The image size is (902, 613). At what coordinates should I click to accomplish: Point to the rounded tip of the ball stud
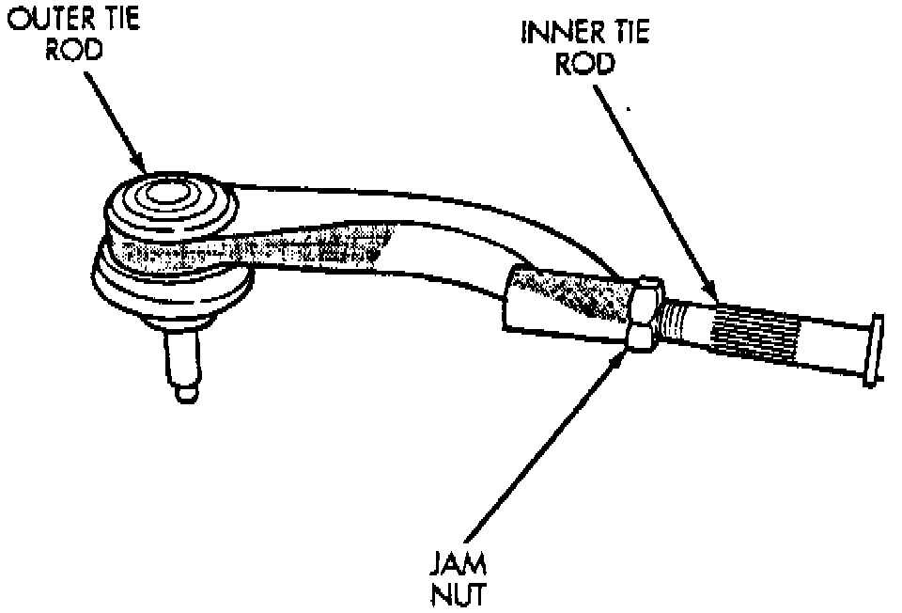[185, 392]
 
